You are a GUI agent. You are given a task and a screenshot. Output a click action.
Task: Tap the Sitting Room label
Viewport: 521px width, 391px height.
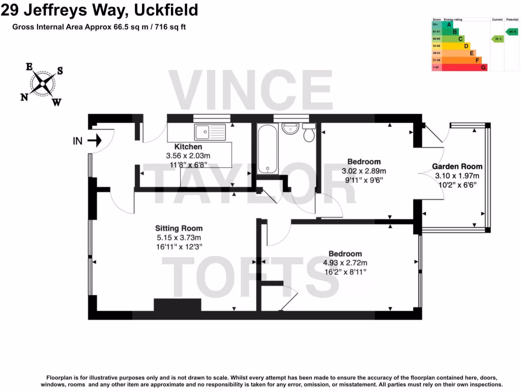pyautogui.click(x=179, y=229)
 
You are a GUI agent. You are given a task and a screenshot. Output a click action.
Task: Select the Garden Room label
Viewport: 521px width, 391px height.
pyautogui.click(x=457, y=166)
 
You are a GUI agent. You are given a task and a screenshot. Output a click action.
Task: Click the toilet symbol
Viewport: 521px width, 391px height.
pyautogui.click(x=308, y=133)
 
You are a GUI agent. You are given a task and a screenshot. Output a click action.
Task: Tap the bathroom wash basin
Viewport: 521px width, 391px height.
pyautogui.click(x=291, y=129)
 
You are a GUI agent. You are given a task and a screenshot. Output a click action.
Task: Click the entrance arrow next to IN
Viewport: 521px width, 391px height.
pyautogui.click(x=95, y=141)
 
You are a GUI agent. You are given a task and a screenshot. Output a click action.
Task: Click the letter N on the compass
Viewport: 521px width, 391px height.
pyautogui.click(x=24, y=97)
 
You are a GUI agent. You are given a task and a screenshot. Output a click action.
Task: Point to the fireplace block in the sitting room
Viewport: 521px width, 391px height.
pyautogui.click(x=178, y=304)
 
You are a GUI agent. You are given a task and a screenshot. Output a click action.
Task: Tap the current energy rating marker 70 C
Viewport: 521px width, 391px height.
pyautogui.click(x=497, y=39)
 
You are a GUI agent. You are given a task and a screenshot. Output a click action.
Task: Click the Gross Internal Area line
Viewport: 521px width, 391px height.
pyautogui.click(x=100, y=27)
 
